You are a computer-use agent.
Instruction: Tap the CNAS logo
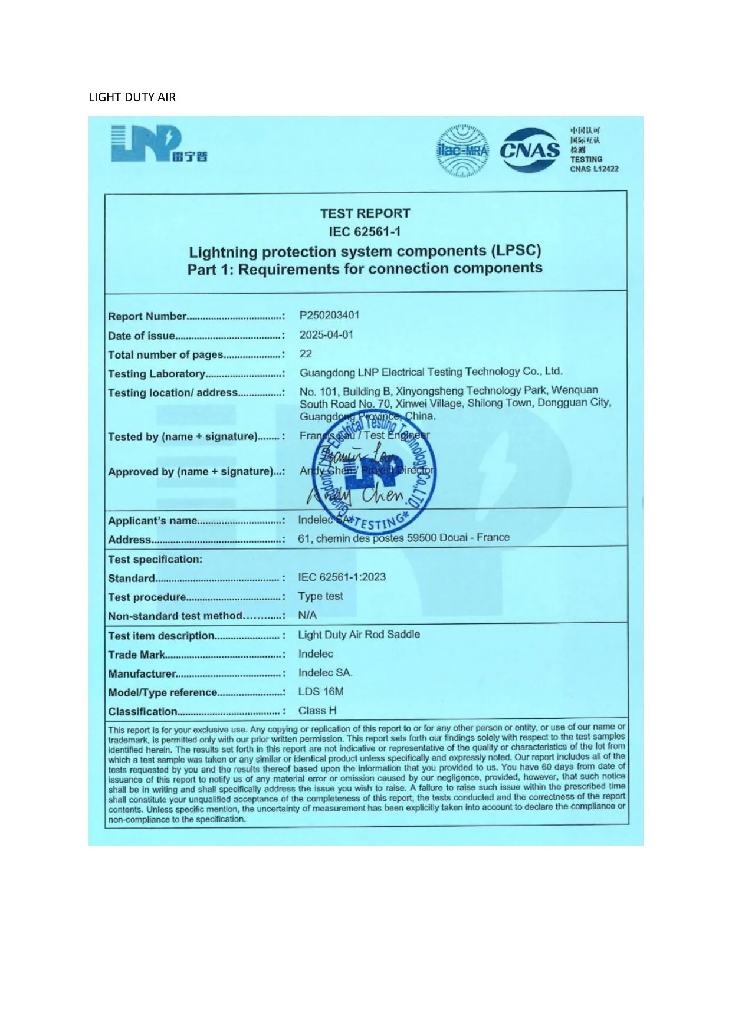[530, 150]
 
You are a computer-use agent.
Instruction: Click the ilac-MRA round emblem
[463, 151]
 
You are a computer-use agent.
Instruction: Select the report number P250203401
[329, 315]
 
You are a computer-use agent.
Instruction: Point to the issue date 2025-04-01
[326, 334]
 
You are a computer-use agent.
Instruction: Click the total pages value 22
[306, 354]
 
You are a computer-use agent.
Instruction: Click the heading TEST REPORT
[365, 213]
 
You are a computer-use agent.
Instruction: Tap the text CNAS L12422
[594, 169]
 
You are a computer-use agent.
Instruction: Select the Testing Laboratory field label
[156, 374]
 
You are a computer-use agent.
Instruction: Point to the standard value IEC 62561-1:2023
[342, 577]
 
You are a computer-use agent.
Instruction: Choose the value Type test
[320, 596]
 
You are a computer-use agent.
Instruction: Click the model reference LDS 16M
[321, 691]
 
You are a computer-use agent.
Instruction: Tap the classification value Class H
[317, 711]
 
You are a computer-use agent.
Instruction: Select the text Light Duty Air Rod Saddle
[359, 635]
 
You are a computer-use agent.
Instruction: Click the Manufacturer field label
[142, 673]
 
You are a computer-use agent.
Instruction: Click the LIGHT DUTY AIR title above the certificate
[132, 97]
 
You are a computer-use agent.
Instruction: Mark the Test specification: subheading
[155, 559]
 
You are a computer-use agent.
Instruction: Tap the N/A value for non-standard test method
[307, 615]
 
